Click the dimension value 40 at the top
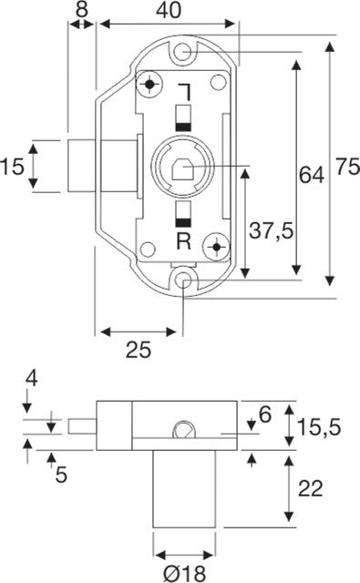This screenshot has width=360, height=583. click(169, 10)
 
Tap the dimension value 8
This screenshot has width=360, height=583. click(81, 9)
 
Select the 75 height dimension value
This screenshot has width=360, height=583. click(348, 166)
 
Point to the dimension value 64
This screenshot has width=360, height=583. click(312, 175)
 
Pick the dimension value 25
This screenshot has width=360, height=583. click(139, 350)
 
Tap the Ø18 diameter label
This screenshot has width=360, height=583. click(185, 574)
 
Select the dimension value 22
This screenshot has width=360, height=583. click(311, 488)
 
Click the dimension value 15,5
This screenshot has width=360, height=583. click(320, 427)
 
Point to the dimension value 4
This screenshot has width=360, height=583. click(32, 380)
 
